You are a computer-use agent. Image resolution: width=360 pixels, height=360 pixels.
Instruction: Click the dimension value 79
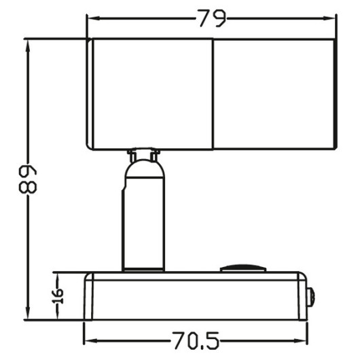pos(212,18)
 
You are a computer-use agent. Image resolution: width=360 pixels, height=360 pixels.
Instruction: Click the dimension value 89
pos(28,179)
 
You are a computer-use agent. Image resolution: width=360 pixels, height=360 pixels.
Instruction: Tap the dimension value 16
pos(58,296)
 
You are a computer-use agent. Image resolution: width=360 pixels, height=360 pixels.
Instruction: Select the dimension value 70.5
pos(196,340)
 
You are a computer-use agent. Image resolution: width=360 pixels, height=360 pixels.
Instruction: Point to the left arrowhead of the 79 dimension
pos(94,18)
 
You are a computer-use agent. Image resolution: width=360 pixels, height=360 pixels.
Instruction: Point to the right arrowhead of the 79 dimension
pos(329,18)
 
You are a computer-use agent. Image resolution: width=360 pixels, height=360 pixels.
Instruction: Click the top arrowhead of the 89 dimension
pos(28,46)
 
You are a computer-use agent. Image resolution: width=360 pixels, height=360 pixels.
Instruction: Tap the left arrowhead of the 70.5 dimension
pos(91,341)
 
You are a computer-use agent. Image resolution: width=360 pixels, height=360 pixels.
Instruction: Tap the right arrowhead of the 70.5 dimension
pos(300,341)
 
